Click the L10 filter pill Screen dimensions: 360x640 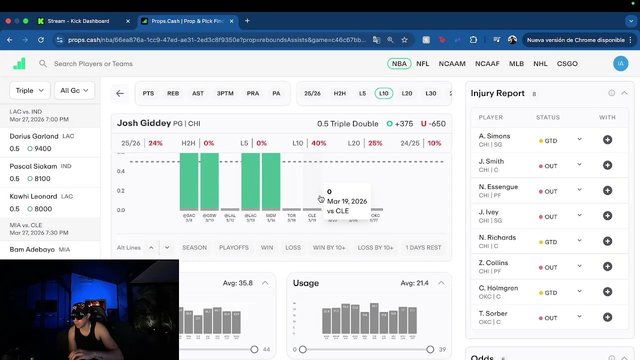[383, 93]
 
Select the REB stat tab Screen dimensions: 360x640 [173, 93]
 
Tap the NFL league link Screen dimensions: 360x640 [422, 63]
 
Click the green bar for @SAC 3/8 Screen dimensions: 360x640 [189, 181]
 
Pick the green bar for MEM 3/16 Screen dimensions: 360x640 [271, 181]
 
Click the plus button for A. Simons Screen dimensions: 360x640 [607, 140]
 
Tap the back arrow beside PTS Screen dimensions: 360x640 [120, 93]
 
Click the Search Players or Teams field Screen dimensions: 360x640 [93, 63]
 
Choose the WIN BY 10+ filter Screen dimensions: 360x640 [329, 247]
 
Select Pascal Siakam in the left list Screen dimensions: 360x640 [33, 166]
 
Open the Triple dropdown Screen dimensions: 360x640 [29, 90]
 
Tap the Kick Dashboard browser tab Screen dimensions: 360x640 [78, 21]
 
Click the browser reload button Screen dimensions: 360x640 [41, 40]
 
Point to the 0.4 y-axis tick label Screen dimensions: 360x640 [120, 171]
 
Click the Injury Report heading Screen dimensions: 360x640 [497, 93]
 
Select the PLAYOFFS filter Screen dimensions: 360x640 [233, 247]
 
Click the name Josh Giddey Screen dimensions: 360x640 [143, 123]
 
